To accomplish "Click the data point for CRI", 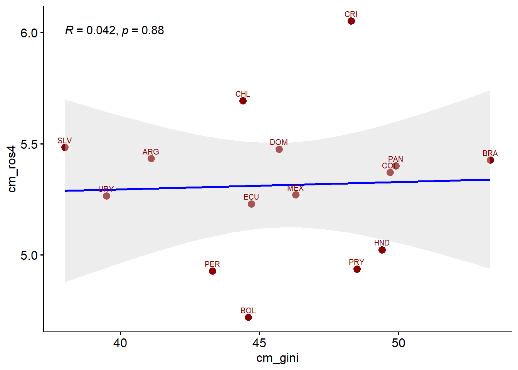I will [351, 21].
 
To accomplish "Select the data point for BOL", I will [248, 317].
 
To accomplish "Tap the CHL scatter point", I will [243, 101].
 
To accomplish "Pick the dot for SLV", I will [65, 147].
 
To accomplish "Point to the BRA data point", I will [490, 160].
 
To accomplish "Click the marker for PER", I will [212, 271].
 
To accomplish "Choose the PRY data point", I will [357, 269].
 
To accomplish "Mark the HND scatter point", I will [382, 250].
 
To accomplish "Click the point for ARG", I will [151, 158].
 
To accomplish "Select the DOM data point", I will [279, 149].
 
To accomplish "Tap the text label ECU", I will [251, 197].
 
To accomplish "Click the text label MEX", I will [295, 188].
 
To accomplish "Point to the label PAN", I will [395, 159].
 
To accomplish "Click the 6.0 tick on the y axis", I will [29, 33].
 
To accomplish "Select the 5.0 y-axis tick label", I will [29, 256].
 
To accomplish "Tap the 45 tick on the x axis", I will [259, 343].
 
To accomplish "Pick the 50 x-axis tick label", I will [399, 343].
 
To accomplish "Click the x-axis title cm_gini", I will [277, 358].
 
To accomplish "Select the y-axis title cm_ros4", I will [12, 169].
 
